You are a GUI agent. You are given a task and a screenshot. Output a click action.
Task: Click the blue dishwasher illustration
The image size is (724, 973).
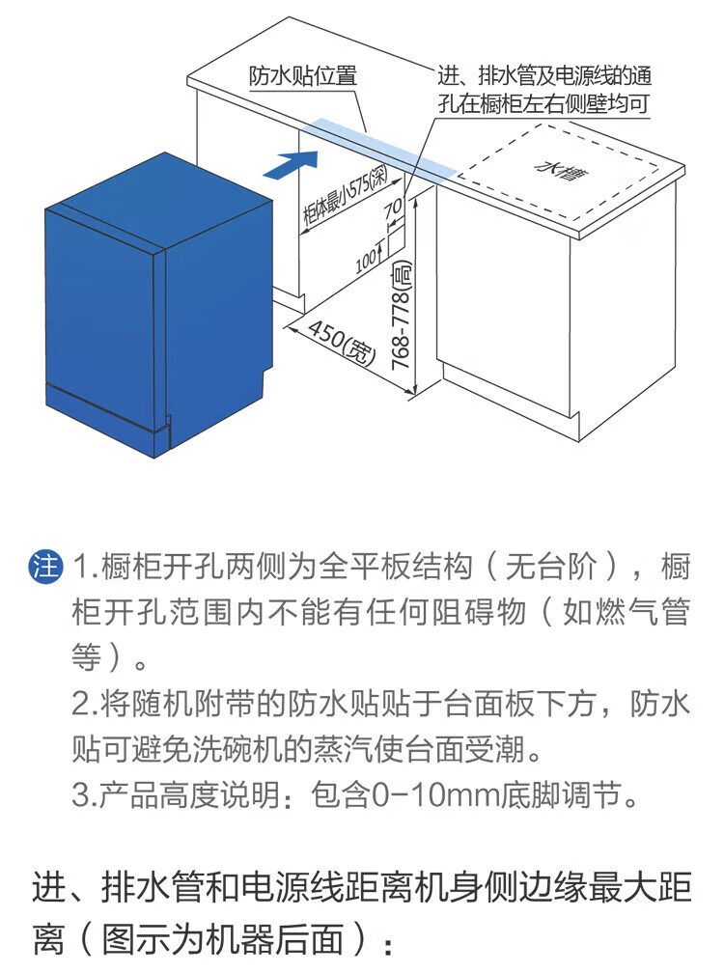pyautogui.click(x=159, y=305)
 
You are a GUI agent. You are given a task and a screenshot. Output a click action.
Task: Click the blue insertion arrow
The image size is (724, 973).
pyautogui.click(x=291, y=164)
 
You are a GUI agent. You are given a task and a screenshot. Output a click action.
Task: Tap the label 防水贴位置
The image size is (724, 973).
pyautogui.click(x=303, y=75)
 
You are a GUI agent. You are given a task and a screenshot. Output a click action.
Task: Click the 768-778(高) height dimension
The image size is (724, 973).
pyautogui.click(x=403, y=316)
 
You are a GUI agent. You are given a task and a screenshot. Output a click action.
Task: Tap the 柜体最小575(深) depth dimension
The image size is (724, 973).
pyautogui.click(x=345, y=195)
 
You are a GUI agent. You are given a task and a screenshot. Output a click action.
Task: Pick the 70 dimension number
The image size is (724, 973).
pyautogui.click(x=393, y=208)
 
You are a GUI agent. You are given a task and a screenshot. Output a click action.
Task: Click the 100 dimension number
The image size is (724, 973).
pyautogui.click(x=367, y=261)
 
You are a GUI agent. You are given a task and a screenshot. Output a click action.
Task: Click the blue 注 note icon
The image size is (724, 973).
pyautogui.click(x=46, y=566)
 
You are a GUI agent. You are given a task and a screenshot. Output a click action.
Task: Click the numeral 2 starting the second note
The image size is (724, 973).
pyautogui.click(x=81, y=704)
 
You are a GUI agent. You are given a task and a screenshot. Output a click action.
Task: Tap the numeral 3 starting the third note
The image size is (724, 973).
pyautogui.click(x=81, y=795)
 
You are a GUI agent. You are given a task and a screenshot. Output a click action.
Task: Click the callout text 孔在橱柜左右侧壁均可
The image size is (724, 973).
pyautogui.click(x=543, y=103)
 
